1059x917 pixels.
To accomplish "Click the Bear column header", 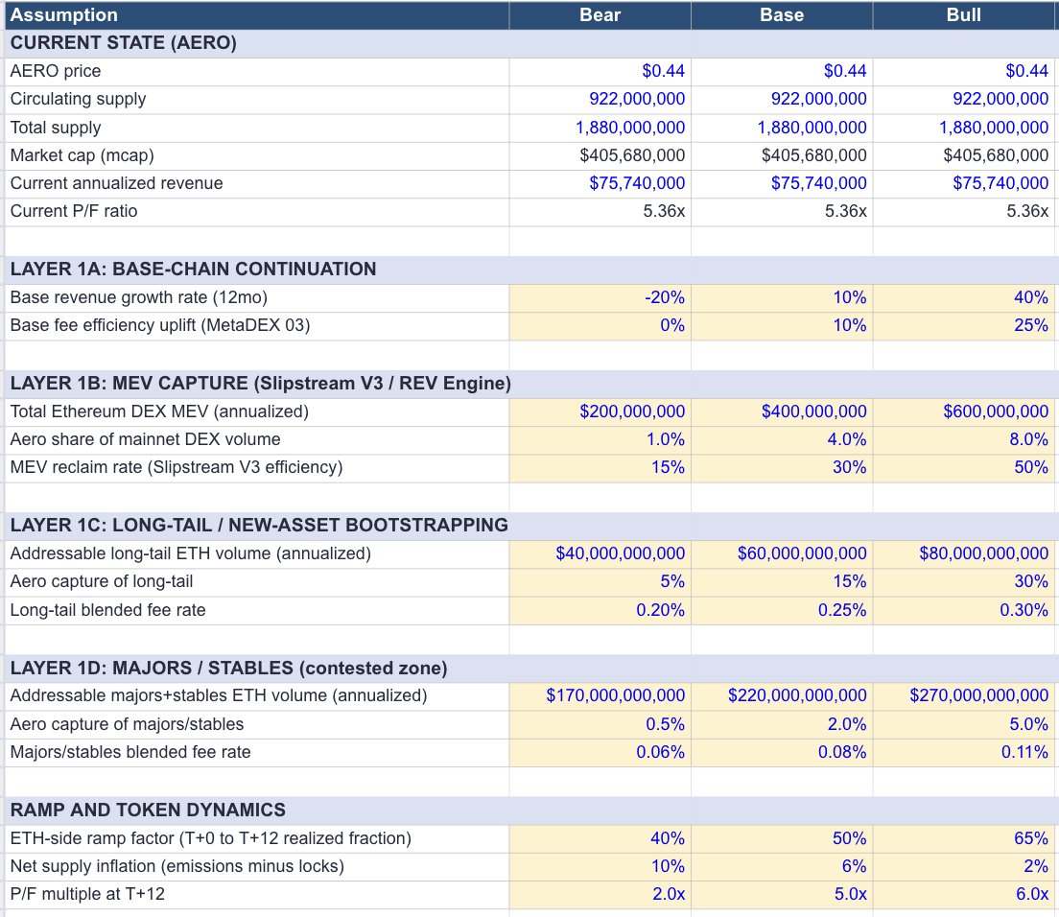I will point(600,15).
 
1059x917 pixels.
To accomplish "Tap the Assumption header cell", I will point(64,15).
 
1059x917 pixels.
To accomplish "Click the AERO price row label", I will point(56,71).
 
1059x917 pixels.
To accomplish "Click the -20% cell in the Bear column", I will point(665,297).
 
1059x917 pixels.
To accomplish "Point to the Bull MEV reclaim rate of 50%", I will point(1030,467).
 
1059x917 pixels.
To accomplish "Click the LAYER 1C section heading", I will point(259,525).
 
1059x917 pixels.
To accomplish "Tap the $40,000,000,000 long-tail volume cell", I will point(621,553).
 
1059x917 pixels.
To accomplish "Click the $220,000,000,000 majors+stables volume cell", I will point(797,695).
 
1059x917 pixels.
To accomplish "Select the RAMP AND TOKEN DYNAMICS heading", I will point(148,810).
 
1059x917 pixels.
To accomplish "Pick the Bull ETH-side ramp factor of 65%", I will point(1030,838).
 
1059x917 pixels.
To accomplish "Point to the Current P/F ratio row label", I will point(74,211).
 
